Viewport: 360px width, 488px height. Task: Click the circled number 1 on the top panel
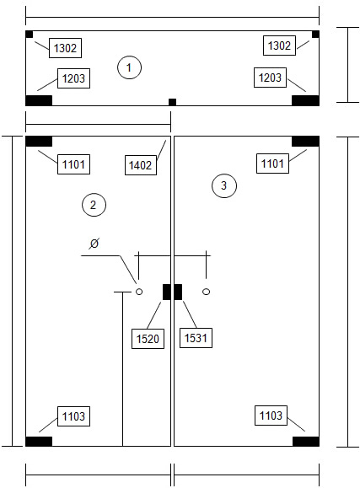pyautogui.click(x=129, y=67)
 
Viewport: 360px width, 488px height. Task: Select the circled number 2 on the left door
pyautogui.click(x=94, y=205)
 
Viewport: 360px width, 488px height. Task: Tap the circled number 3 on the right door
pyautogui.click(x=224, y=185)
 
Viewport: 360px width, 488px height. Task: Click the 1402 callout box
pyautogui.click(x=141, y=165)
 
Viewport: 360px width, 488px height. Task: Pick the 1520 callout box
pyautogui.click(x=148, y=339)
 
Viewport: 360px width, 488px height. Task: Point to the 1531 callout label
pyautogui.click(x=196, y=338)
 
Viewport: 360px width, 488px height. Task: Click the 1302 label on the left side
pyautogui.click(x=65, y=48)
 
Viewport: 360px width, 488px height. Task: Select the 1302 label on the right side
pyautogui.click(x=279, y=46)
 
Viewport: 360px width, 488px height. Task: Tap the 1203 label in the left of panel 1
pyautogui.click(x=74, y=78)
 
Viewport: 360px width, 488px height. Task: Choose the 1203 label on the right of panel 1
pyautogui.click(x=270, y=78)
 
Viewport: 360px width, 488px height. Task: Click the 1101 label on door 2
pyautogui.click(x=73, y=164)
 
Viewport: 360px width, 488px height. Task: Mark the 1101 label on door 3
pyautogui.click(x=272, y=164)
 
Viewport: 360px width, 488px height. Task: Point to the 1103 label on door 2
pyautogui.click(x=73, y=416)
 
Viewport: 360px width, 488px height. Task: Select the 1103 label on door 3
pyautogui.click(x=271, y=416)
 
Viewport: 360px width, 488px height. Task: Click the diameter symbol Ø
pyautogui.click(x=94, y=244)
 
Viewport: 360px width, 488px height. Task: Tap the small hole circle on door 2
pyautogui.click(x=139, y=292)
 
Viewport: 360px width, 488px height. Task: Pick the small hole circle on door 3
pyautogui.click(x=207, y=292)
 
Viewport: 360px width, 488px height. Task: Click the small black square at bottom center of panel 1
pyautogui.click(x=172, y=102)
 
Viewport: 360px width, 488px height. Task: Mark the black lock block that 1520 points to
pyautogui.click(x=167, y=292)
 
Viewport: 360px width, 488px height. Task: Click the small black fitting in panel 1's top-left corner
pyautogui.click(x=29, y=35)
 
